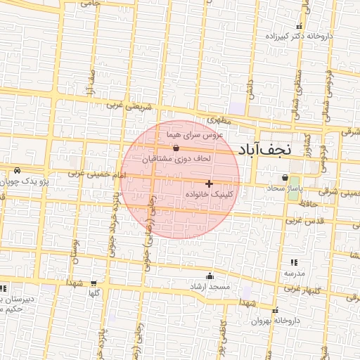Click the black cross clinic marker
coord(209,183)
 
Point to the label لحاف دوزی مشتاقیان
coord(176,159)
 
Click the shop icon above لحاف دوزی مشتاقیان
coord(176,148)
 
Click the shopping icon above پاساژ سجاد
coord(285,178)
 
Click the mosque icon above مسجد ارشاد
coord(209,276)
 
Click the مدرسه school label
coord(294,272)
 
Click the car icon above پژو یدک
coord(17,171)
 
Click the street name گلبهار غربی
coord(307,289)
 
